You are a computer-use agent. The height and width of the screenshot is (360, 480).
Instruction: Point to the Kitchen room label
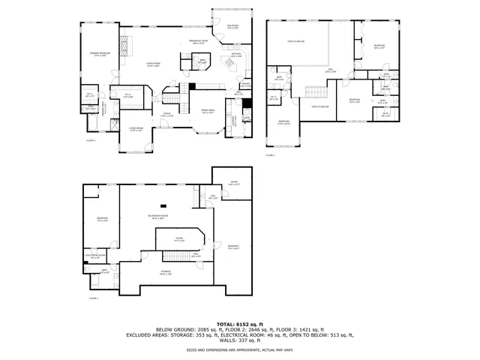coord(236,55)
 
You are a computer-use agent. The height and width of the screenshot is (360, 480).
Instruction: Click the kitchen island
coord(229,67)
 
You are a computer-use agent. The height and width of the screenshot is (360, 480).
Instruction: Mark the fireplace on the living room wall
coord(126,49)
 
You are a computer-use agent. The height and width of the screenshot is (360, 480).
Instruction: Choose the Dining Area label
coord(208,111)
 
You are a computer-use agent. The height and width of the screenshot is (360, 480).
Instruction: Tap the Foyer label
coord(166,115)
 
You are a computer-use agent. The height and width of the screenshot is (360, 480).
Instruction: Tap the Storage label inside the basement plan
coord(165,271)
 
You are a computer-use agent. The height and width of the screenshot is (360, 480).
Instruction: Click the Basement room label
coord(234,247)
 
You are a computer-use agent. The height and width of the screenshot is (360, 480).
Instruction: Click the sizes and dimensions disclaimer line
coord(240,349)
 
